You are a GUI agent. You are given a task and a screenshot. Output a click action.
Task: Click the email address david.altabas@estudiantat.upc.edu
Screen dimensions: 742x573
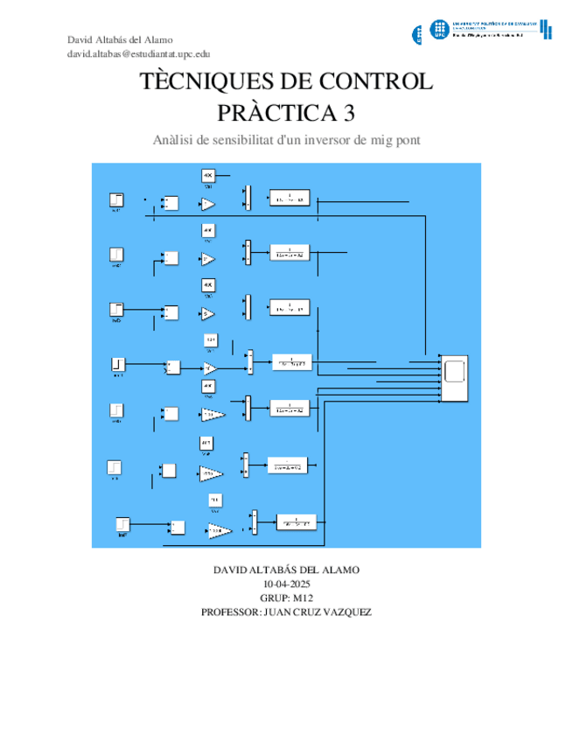pos(144,53)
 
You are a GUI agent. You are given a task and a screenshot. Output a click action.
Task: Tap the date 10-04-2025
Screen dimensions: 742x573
pos(286,584)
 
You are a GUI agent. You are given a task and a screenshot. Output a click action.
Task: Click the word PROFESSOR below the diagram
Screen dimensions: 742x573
pos(230,612)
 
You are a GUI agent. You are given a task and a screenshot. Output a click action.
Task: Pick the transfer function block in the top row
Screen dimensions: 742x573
pos(289,199)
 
